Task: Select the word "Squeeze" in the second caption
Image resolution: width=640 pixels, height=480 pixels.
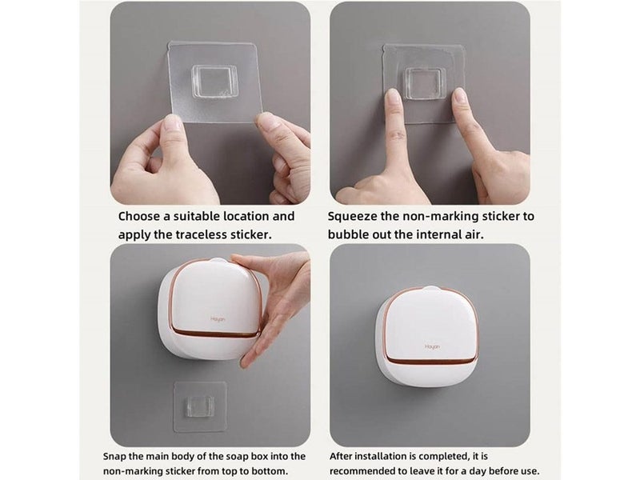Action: tap(352, 217)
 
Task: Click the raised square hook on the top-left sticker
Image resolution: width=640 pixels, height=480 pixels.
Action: tap(213, 82)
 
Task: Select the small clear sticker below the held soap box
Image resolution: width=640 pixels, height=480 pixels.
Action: tap(200, 406)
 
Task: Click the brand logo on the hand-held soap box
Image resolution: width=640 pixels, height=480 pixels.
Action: tap(218, 318)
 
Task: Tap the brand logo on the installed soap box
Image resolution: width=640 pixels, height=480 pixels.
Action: tap(432, 346)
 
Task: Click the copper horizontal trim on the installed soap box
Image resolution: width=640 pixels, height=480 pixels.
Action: tap(432, 361)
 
